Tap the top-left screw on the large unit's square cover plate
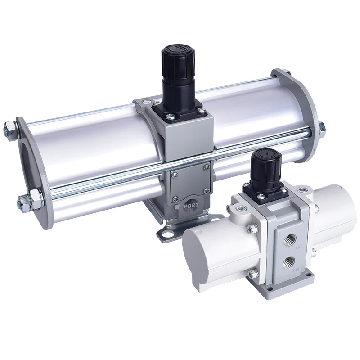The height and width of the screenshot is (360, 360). click(175, 172)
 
